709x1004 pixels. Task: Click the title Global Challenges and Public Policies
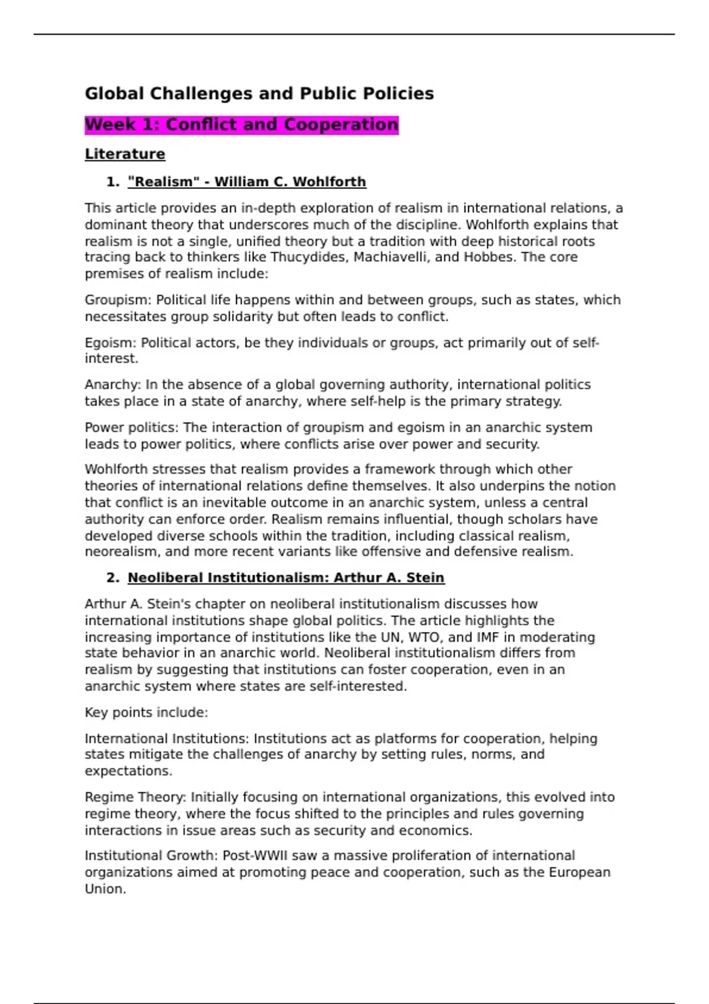(259, 93)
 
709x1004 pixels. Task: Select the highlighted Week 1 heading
(241, 125)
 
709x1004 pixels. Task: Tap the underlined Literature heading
(125, 154)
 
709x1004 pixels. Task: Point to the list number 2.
(112, 578)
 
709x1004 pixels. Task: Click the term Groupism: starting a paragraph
(118, 300)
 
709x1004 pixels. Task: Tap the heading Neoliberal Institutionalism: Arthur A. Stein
(285, 578)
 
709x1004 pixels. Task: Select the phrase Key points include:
(146, 713)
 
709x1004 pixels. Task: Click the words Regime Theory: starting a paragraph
(135, 797)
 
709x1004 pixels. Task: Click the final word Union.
(105, 889)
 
